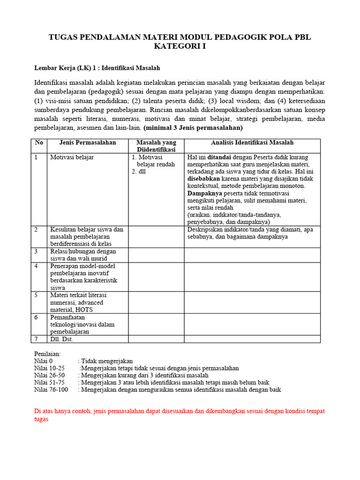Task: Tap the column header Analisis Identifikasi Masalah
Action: [252, 142]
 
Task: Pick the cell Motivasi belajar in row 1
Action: [72, 157]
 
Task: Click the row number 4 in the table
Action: [36, 266]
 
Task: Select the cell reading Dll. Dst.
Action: [61, 339]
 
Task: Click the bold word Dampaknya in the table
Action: [205, 193]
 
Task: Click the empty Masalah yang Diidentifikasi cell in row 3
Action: [156, 255]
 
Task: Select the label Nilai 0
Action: [44, 361]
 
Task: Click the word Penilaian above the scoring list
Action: [48, 354]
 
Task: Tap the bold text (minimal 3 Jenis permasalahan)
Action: [193, 128]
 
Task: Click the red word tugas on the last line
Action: [41, 419]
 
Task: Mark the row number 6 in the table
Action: [36, 317]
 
